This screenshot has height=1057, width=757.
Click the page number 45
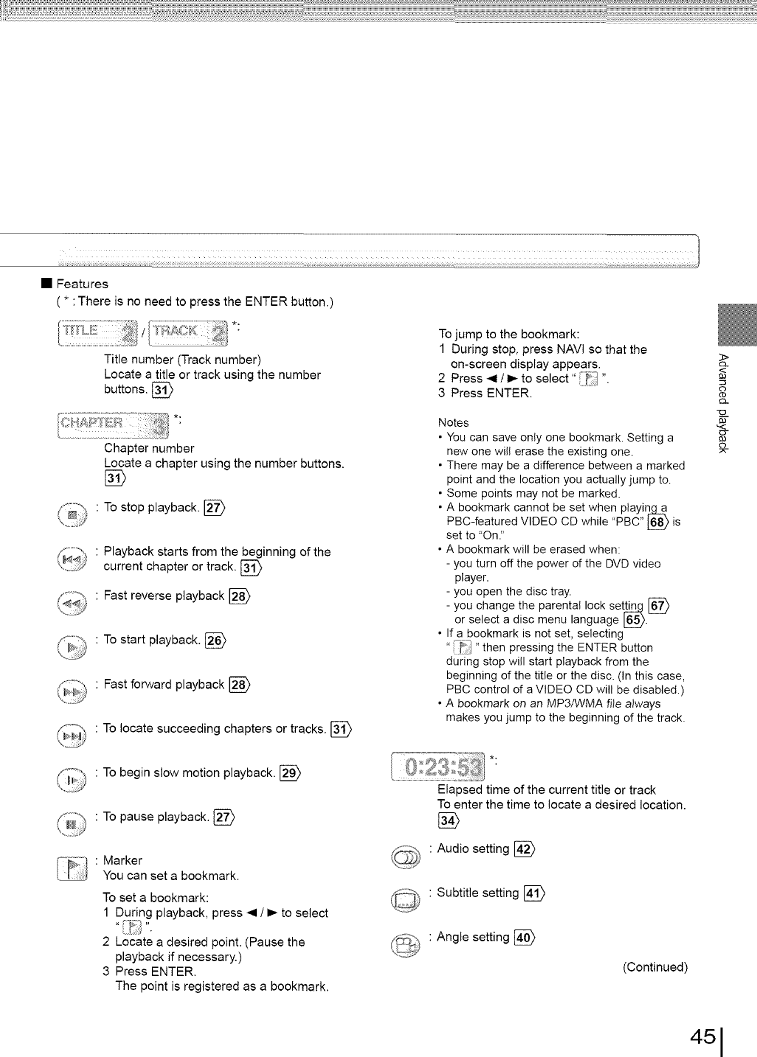704,1036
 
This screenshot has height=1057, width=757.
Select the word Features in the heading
83,284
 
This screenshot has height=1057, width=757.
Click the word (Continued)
654,967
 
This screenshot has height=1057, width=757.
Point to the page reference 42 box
524,849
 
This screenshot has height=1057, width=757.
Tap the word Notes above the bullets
453,422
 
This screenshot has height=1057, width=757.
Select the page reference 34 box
447,820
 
